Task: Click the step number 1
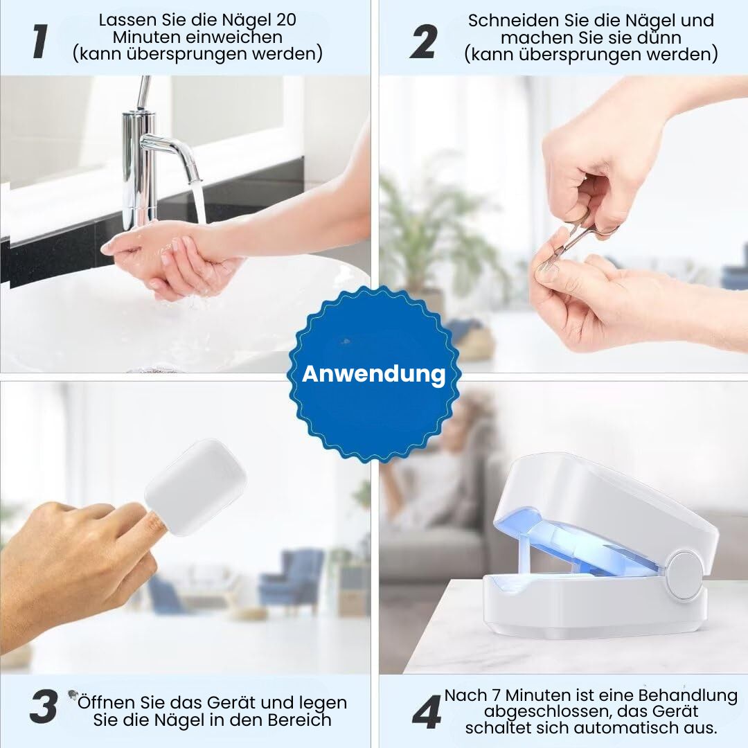tap(40, 42)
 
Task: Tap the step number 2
tap(423, 42)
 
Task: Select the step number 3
tap(44, 706)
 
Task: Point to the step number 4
tap(427, 712)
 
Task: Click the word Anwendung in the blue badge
tap(374, 373)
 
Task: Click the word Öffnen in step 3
tap(107, 702)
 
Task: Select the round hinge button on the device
tap(684, 574)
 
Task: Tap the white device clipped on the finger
tap(195, 487)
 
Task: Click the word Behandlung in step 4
tap(688, 696)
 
